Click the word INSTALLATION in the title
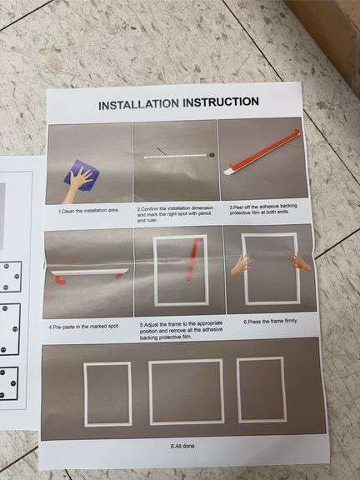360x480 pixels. [138, 105]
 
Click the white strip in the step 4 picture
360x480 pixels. [87, 272]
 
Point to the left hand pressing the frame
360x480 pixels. [241, 265]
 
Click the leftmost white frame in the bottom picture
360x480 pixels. [107, 393]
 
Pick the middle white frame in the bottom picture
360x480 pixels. [186, 391]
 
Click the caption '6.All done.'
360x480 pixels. [184, 447]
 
